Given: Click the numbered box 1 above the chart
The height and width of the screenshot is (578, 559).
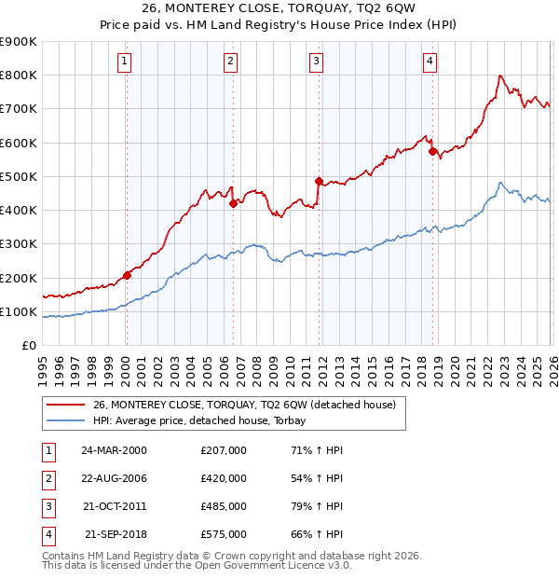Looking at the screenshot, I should [125, 62].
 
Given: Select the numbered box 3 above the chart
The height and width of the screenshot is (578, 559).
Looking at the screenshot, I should [317, 62].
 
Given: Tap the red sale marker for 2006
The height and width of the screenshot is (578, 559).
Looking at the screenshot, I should [233, 203].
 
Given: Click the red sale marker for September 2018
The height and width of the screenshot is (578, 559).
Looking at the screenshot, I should [432, 151].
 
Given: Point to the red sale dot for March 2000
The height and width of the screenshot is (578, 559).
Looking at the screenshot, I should [127, 275].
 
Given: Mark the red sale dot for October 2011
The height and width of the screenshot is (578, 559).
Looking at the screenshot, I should [319, 181].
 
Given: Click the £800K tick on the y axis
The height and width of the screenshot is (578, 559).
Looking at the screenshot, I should [19, 76].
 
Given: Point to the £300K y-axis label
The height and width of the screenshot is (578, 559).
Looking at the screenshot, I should [19, 244].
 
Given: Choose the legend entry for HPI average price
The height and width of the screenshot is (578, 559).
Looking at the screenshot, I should [205, 420].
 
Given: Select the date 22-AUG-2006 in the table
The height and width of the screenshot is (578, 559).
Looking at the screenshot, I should [114, 477].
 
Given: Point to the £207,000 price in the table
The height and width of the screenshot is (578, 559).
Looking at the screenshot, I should [224, 450].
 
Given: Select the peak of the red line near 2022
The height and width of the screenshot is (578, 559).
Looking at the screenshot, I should [501, 76].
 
